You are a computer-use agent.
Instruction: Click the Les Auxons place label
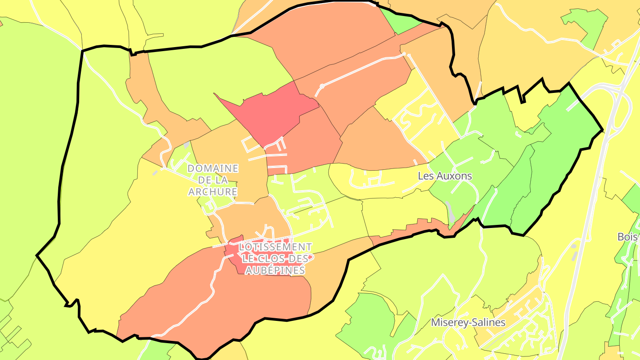(445, 176)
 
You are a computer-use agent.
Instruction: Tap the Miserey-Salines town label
(468, 322)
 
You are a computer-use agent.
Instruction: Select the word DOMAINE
(213, 169)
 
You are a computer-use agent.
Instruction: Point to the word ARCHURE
(213, 192)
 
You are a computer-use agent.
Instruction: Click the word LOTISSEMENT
(275, 247)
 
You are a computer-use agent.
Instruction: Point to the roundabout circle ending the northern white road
(322, 86)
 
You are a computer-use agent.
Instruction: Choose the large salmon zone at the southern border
(222, 302)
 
